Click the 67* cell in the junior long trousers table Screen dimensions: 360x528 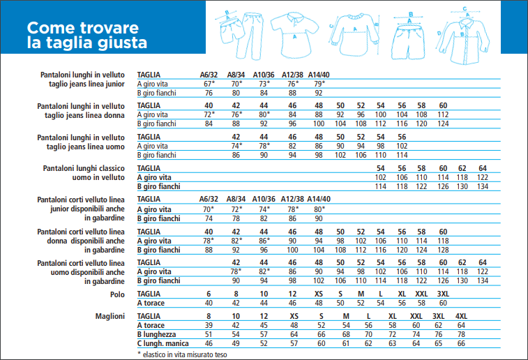(x=209, y=84)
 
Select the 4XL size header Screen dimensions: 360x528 (x=461, y=317)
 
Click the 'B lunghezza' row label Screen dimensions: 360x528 (x=159, y=334)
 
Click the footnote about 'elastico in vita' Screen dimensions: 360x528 (x=182, y=354)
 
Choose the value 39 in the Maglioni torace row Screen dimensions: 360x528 (x=209, y=326)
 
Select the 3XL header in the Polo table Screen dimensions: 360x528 (x=442, y=294)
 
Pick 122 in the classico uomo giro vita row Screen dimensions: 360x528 (x=482, y=178)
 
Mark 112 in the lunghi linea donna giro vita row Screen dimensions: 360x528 (x=443, y=114)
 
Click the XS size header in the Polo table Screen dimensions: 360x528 (x=319, y=294)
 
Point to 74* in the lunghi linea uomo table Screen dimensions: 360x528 (x=236, y=146)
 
